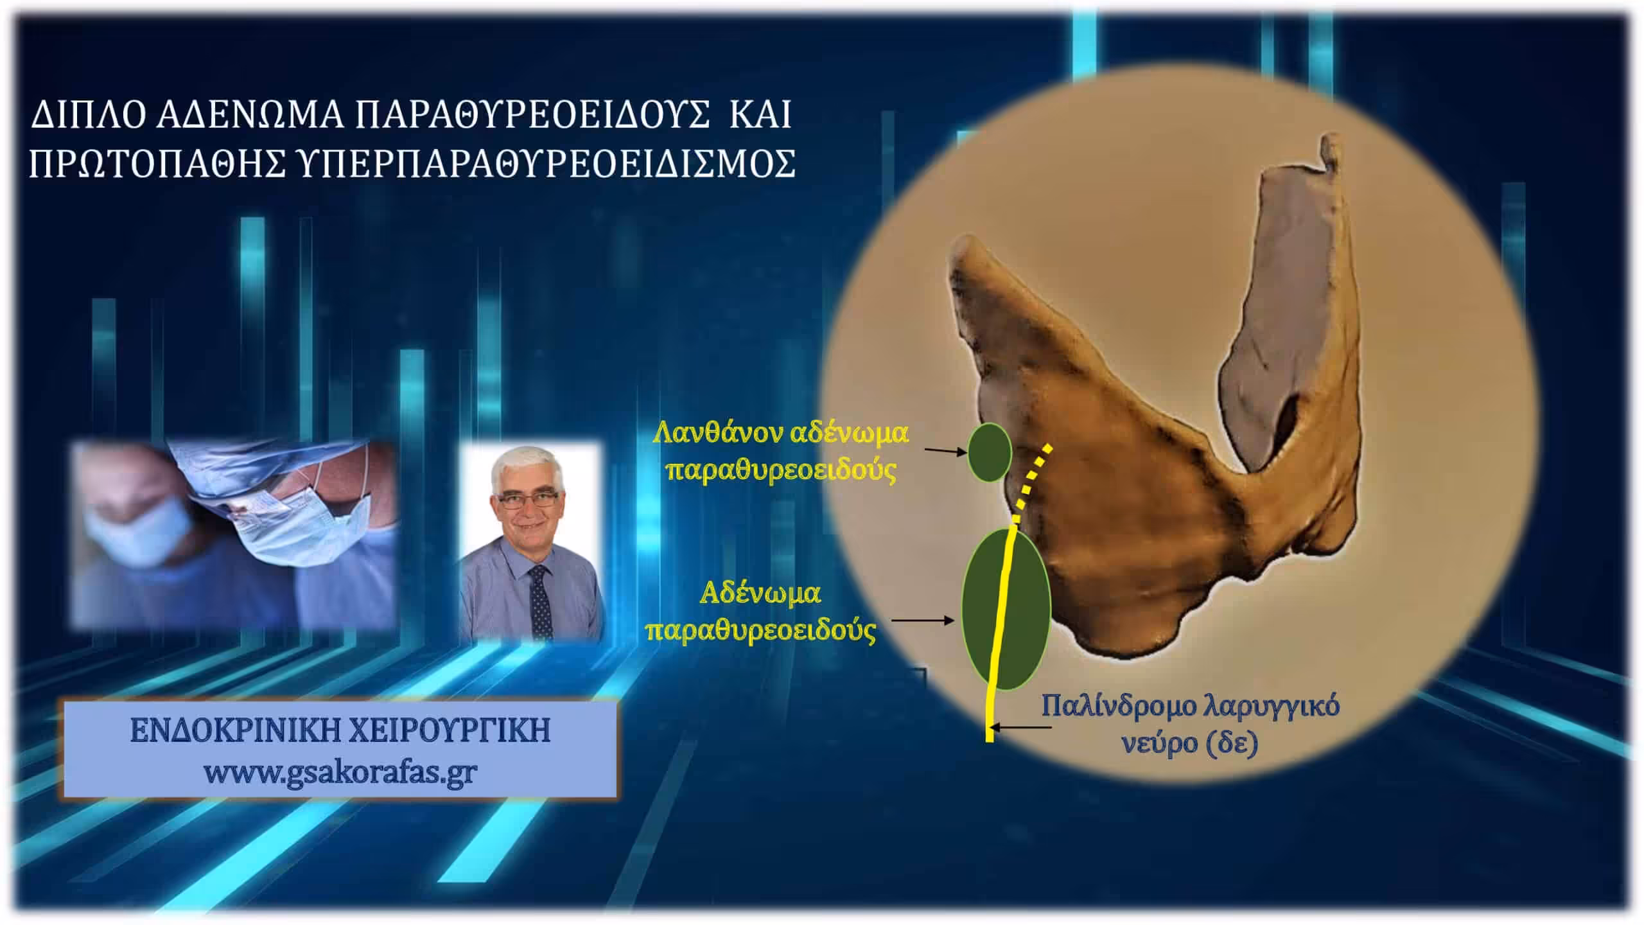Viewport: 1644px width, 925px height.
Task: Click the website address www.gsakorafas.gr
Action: pyautogui.click(x=340, y=771)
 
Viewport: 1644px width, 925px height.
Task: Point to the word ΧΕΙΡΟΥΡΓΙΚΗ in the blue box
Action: pyautogui.click(x=449, y=731)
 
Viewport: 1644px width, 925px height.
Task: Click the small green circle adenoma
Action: pyautogui.click(x=990, y=452)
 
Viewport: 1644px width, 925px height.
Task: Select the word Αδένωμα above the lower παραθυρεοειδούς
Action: pyautogui.click(x=760, y=594)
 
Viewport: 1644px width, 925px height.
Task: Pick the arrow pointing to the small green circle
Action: pyautogui.click(x=945, y=452)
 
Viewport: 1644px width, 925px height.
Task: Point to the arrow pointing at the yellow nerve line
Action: pyautogui.click(x=1021, y=728)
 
